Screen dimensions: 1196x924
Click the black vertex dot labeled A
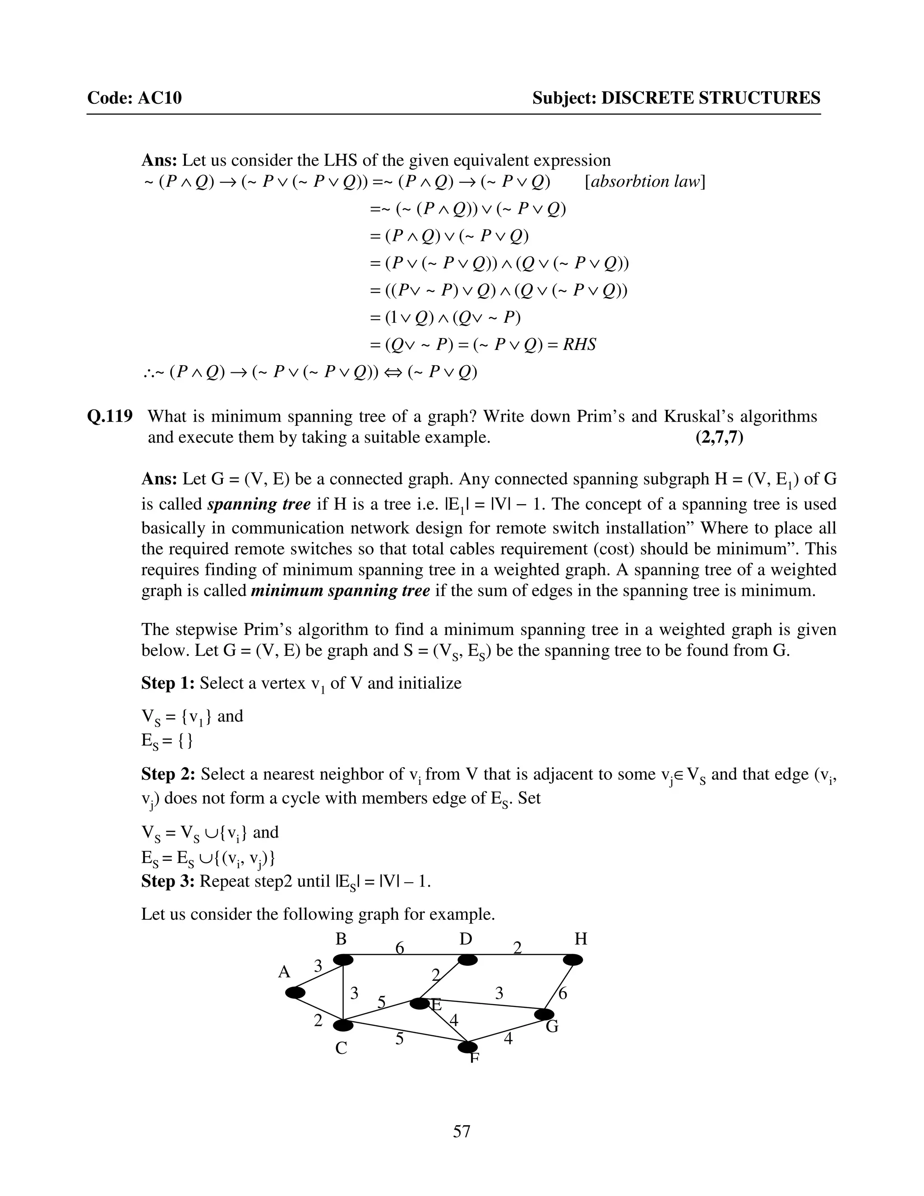coord(296,993)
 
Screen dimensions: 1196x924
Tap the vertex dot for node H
coord(573,960)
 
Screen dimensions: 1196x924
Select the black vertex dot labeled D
coord(467,960)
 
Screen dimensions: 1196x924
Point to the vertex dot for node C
coord(343,1024)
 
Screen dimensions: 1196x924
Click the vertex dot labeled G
coord(544,1014)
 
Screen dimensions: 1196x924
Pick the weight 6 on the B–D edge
coord(400,948)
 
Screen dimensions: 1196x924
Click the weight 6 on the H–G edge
coord(562,993)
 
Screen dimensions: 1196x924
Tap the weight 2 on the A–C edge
coord(318,1021)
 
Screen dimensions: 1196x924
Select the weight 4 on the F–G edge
coord(508,1038)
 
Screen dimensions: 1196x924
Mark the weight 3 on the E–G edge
coord(499,993)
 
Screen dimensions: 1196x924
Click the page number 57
coord(462,1131)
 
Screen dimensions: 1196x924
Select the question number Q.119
coord(110,416)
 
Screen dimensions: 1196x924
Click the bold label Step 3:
coord(168,881)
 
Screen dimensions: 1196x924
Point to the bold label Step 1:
coord(168,683)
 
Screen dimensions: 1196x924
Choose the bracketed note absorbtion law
coord(645,182)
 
